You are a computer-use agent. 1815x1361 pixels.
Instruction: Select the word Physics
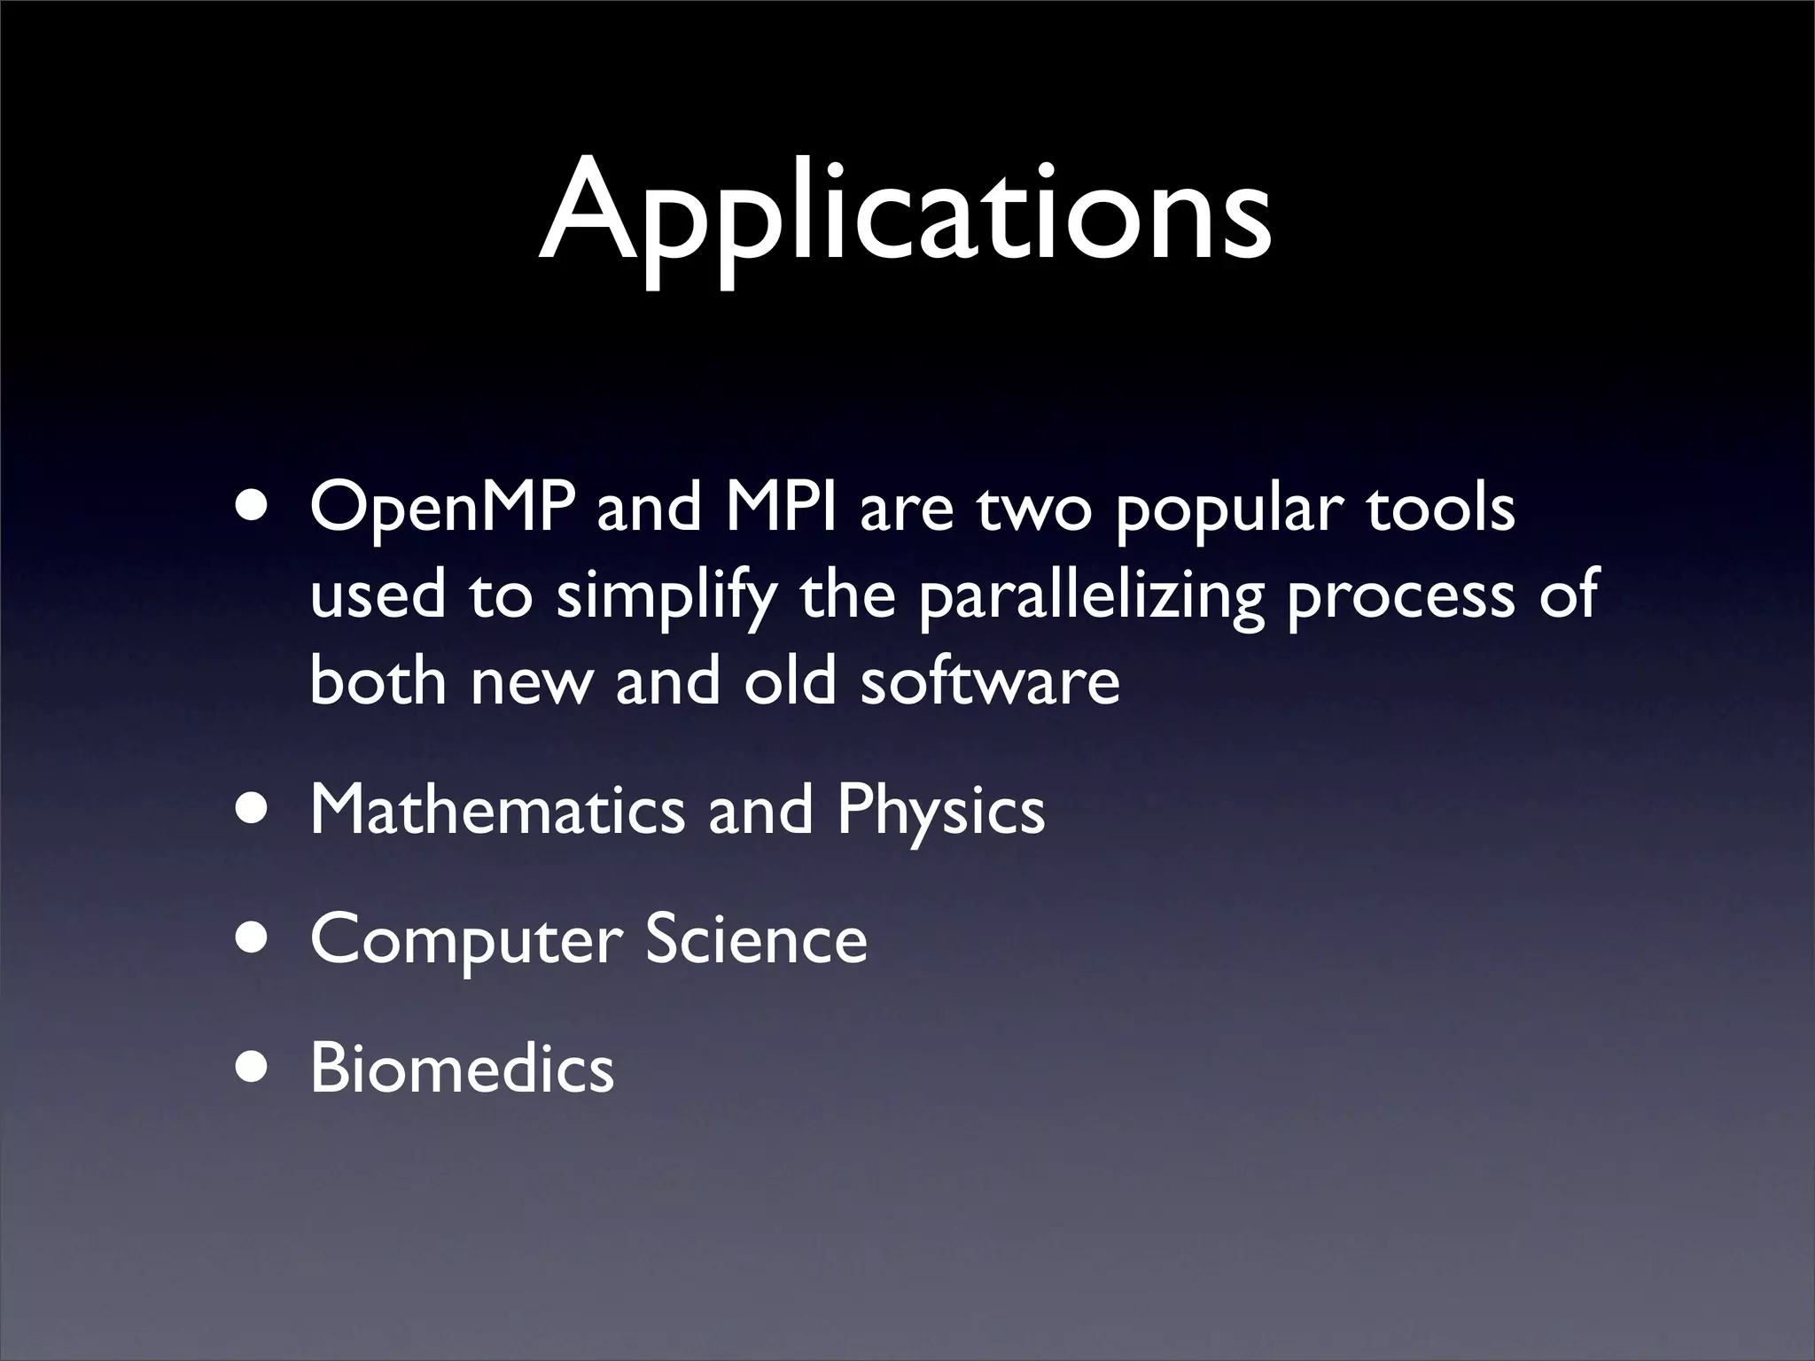click(x=940, y=812)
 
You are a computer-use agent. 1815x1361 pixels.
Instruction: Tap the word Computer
click(x=461, y=941)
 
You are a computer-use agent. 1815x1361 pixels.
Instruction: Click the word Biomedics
click(x=462, y=1069)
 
